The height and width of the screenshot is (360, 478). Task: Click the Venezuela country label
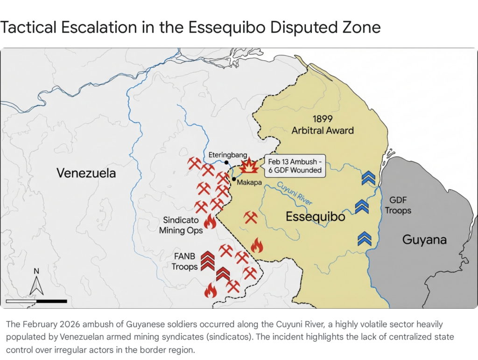[86, 173]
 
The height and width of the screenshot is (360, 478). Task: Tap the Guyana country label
[424, 240]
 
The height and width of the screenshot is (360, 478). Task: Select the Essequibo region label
[315, 217]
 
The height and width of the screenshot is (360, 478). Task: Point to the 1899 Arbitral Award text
[323, 124]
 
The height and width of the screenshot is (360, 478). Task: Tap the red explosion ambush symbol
[249, 166]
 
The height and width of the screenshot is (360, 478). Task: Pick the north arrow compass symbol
[36, 283]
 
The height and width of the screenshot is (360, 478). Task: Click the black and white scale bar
[36, 301]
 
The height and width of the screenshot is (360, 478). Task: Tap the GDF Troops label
[398, 205]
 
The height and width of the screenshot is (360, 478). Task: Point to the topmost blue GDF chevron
[368, 178]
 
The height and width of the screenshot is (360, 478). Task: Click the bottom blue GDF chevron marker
[364, 238]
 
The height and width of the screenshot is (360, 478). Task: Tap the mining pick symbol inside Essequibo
[251, 217]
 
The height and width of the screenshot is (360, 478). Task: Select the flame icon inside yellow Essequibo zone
[257, 245]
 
